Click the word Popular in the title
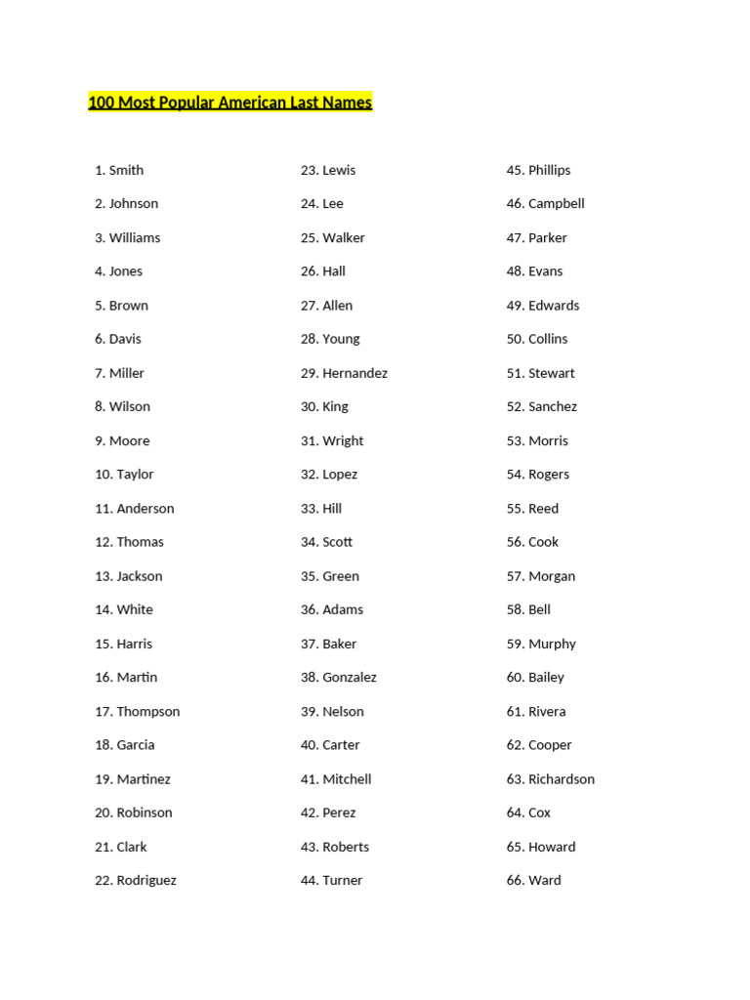(181, 103)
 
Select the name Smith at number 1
(126, 170)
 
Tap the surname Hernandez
(354, 373)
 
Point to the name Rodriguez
(146, 880)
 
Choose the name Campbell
(557, 204)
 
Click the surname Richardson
(562, 779)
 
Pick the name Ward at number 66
(545, 880)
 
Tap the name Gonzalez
(350, 677)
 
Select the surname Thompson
(148, 711)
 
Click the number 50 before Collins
(515, 339)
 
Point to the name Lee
(333, 204)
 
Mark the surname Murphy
(552, 644)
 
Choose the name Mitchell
(347, 779)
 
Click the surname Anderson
(146, 508)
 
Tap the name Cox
(539, 812)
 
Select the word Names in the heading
(351, 103)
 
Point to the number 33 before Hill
(309, 508)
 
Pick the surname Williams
(135, 237)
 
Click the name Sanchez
(553, 406)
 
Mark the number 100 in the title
(100, 103)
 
